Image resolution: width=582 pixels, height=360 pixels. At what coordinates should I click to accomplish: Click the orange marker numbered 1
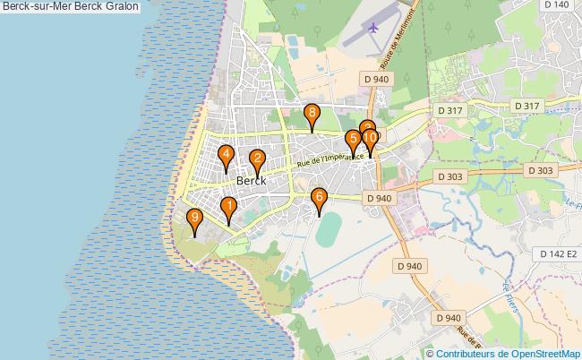[228, 209]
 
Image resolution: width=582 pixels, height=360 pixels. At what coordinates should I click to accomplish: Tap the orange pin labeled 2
[257, 160]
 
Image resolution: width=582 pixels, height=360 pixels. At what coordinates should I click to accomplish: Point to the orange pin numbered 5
[354, 140]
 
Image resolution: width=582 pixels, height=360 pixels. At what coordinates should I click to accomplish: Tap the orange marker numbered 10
[370, 139]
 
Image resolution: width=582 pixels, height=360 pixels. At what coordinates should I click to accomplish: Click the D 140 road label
[556, 5]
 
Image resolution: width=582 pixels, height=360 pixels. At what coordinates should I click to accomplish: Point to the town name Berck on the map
[252, 180]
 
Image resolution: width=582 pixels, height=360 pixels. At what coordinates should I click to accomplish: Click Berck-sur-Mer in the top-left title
[35, 6]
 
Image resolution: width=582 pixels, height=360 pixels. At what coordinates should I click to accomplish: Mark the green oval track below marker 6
[328, 229]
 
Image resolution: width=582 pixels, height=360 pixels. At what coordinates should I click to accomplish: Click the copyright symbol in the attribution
[431, 353]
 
